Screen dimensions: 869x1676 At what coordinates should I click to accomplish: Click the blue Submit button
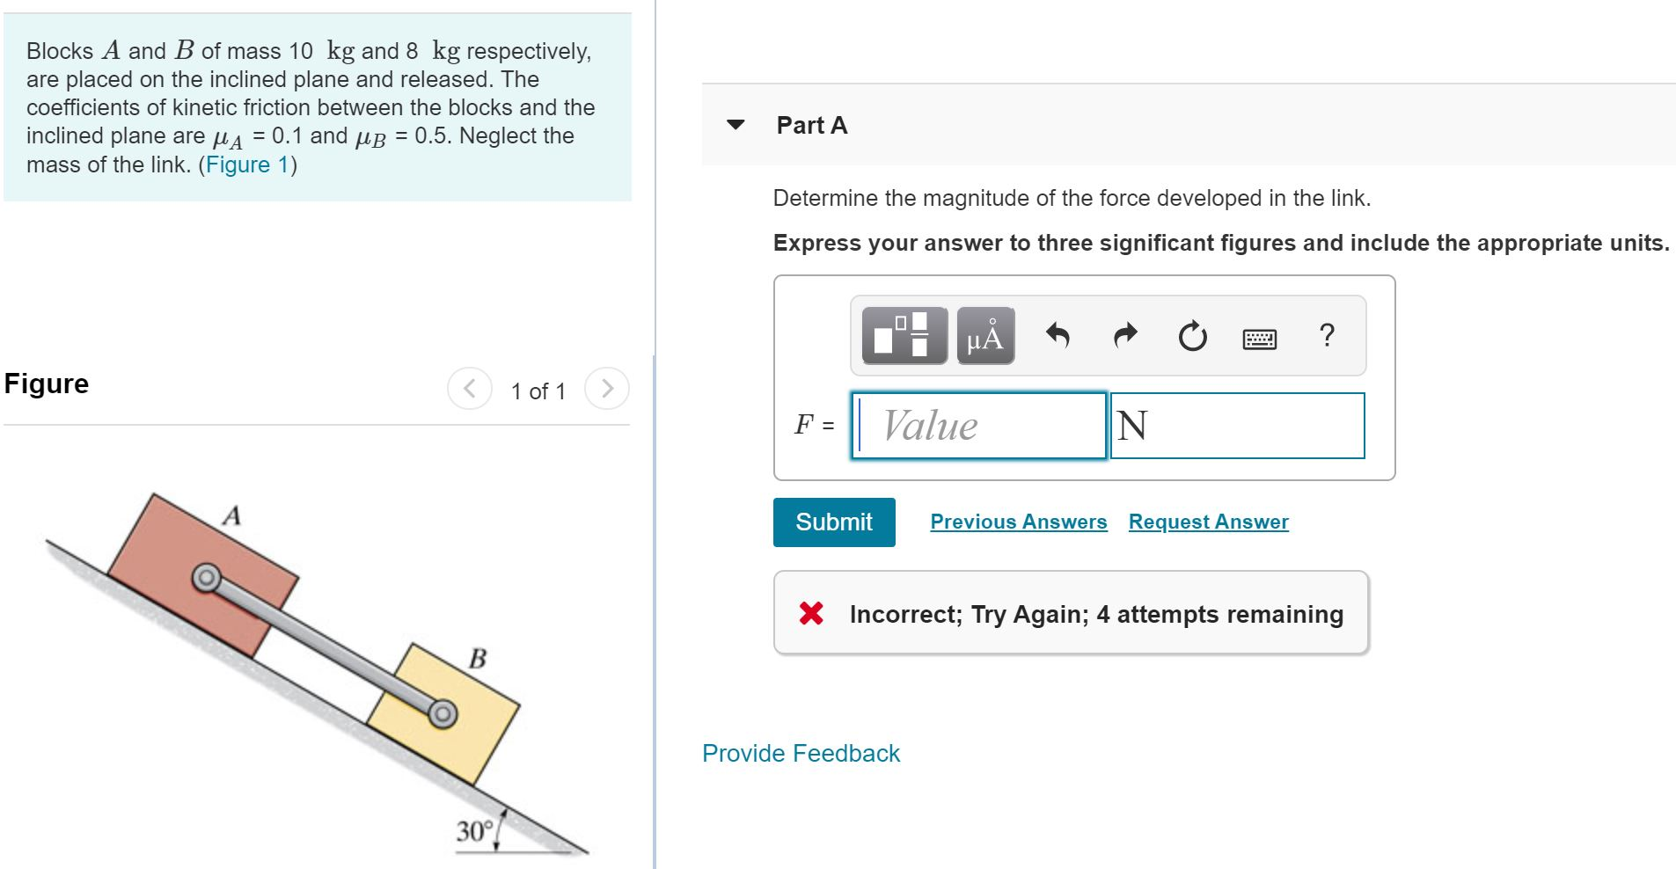(833, 522)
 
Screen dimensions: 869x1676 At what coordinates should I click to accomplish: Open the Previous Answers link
(1018, 522)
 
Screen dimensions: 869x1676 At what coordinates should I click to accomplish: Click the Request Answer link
(1208, 522)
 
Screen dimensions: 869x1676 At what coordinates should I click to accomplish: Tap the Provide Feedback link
(801, 753)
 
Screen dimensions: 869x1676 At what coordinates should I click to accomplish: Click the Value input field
(978, 426)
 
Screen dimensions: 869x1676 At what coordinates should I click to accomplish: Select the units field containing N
(1237, 426)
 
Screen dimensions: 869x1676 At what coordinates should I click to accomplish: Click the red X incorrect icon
(811, 613)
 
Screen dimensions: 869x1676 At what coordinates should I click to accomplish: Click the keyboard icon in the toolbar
(1260, 339)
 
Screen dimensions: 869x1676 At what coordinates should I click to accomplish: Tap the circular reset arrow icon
(1192, 336)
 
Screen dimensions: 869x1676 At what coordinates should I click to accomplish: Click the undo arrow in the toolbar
(1058, 335)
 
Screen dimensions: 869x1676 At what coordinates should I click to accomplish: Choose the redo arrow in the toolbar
(1125, 335)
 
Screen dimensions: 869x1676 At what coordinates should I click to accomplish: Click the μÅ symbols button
(985, 336)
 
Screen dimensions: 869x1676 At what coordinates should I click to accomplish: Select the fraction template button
(904, 336)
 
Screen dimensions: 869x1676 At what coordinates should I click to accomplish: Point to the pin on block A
(206, 577)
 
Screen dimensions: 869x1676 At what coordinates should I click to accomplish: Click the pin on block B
(443, 713)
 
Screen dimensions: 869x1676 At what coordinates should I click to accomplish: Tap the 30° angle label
(474, 831)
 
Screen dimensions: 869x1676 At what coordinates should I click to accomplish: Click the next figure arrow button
(606, 389)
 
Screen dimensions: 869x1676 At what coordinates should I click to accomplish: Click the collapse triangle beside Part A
(736, 125)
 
